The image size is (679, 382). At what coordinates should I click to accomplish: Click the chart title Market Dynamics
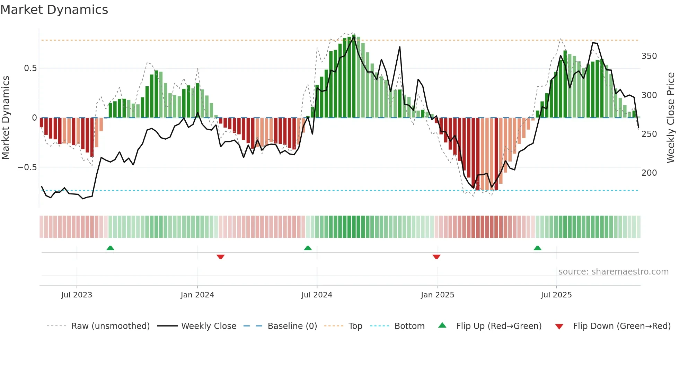click(54, 10)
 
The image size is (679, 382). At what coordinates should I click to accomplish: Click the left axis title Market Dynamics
click(6, 118)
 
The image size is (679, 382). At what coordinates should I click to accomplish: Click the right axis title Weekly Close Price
click(671, 118)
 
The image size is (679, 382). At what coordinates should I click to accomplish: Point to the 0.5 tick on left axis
click(30, 68)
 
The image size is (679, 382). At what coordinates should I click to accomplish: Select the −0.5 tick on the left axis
click(27, 167)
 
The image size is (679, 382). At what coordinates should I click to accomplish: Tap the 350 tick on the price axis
click(649, 56)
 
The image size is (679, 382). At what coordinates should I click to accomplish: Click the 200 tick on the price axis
click(649, 173)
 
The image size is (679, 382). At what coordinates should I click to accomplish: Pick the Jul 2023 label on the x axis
click(77, 295)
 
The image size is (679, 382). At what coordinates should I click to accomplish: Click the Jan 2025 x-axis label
click(437, 295)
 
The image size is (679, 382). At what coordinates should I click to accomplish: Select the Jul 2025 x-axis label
click(556, 295)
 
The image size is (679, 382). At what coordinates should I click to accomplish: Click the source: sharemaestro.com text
click(613, 272)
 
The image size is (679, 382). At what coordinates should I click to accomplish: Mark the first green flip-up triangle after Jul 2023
click(110, 248)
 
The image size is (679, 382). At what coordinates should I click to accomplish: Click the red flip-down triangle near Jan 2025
click(436, 257)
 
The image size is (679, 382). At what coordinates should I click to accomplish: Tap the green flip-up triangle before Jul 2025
click(537, 248)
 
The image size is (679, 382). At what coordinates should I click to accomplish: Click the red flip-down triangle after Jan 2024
click(221, 257)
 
